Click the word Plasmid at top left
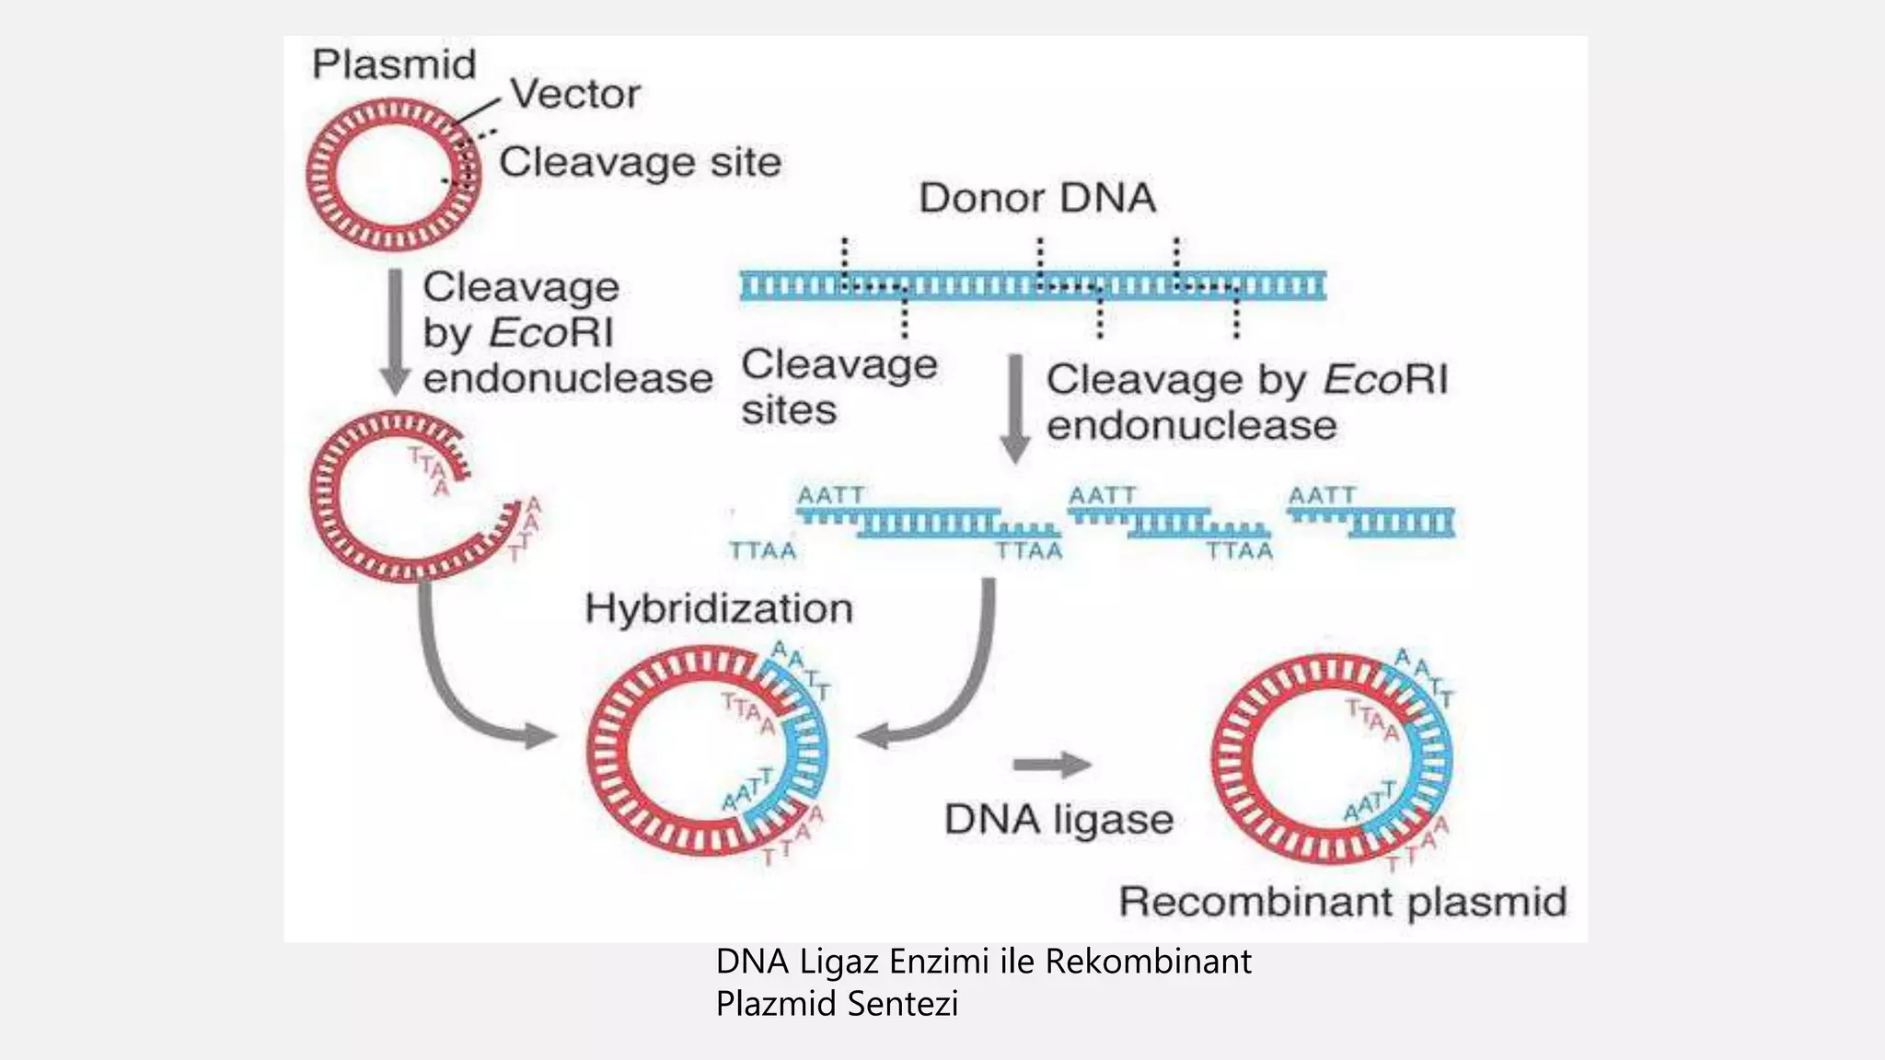(394, 65)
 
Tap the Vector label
(575, 94)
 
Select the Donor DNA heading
(1037, 198)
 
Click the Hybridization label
(719, 609)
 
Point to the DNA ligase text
(1058, 819)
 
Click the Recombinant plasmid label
(1342, 902)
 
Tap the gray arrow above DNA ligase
(1051, 765)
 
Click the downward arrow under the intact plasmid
(395, 331)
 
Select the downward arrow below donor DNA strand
(1015, 409)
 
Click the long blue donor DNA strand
(1033, 286)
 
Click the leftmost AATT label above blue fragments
(831, 496)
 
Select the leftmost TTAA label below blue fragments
(762, 551)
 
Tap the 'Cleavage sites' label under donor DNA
(838, 386)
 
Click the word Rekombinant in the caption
(1148, 962)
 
